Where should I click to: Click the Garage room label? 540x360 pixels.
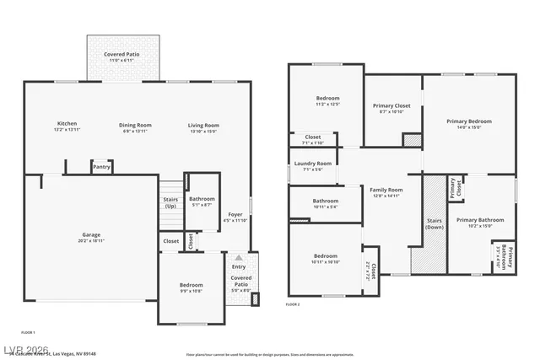click(x=91, y=237)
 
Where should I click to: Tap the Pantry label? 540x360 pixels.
click(x=101, y=167)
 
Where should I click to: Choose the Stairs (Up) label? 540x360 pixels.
click(x=170, y=202)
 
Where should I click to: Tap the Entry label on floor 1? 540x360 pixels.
click(x=239, y=266)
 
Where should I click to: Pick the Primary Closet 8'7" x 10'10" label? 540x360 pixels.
click(x=391, y=108)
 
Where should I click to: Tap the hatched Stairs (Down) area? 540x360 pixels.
click(x=434, y=223)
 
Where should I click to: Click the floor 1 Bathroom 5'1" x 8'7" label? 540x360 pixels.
click(x=201, y=201)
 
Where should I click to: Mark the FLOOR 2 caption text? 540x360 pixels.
click(x=293, y=304)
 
